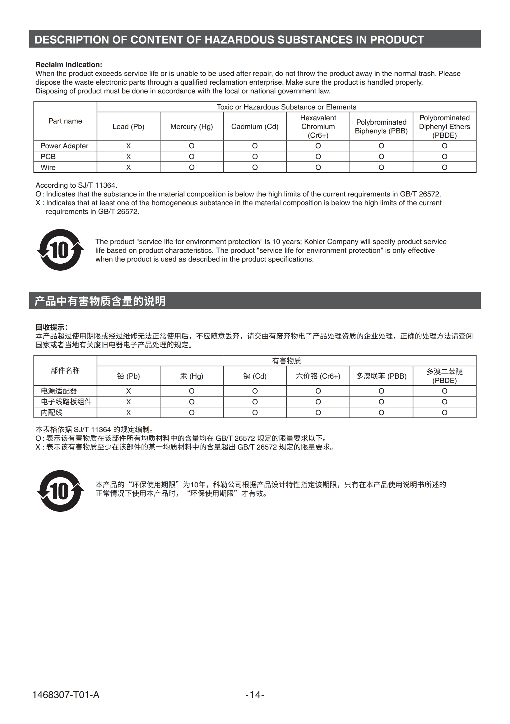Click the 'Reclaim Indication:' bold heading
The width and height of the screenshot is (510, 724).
69,65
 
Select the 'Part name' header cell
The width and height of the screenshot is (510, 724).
65,121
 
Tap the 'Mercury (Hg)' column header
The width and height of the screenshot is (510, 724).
191,126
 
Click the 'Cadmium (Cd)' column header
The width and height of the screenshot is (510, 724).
255,126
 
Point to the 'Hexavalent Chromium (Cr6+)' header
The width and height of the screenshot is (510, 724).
318,126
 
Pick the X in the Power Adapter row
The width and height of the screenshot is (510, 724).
128,146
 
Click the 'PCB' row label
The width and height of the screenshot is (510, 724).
48,156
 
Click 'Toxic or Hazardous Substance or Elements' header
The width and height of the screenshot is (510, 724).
286,107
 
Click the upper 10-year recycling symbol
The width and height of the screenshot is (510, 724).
60,250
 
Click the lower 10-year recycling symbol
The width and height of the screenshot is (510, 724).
60,491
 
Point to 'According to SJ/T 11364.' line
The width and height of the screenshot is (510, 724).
76,185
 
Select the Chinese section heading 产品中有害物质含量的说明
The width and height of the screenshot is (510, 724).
100,301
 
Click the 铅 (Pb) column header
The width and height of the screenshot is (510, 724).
128,376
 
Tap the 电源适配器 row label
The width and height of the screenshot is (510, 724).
59,391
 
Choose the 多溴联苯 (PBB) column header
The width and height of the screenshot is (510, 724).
381,376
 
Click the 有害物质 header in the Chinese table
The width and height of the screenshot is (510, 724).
286,361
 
